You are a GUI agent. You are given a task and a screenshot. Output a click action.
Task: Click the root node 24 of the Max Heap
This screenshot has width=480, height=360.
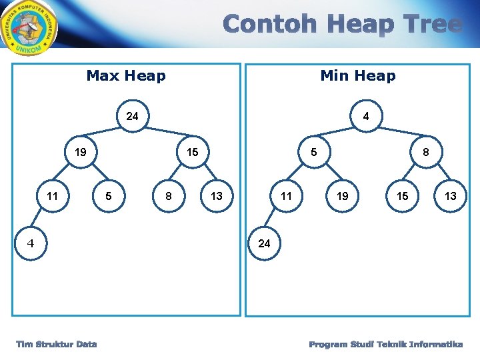133,116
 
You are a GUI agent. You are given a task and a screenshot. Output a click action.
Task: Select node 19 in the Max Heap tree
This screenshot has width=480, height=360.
80,153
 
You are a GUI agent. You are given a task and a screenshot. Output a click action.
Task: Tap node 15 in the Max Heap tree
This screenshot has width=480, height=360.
192,153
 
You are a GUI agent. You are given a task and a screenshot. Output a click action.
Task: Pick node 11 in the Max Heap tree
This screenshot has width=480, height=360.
52,196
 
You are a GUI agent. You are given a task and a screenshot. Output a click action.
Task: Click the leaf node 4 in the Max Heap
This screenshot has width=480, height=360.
30,243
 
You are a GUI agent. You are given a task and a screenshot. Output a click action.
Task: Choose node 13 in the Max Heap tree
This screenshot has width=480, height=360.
217,196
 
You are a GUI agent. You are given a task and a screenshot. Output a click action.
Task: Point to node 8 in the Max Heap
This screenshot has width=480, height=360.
169,196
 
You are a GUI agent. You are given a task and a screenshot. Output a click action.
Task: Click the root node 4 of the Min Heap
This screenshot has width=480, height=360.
366,116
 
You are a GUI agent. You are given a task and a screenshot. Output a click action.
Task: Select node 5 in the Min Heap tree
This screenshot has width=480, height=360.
314,153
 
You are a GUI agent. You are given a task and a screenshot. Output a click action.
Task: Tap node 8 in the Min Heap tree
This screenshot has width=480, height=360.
426,153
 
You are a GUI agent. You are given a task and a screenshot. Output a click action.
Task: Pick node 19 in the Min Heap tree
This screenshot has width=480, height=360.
343,196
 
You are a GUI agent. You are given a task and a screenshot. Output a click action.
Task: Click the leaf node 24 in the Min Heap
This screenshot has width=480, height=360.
264,243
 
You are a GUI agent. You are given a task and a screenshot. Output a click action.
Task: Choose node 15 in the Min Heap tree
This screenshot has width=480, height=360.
403,196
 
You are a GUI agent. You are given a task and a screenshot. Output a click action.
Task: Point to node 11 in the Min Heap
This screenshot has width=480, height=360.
286,196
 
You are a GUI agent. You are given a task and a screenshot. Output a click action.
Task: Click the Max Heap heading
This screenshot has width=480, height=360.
126,75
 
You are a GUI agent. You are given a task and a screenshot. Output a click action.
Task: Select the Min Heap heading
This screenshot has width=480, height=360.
358,75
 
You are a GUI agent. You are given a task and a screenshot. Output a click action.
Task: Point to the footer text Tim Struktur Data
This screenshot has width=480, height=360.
57,344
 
